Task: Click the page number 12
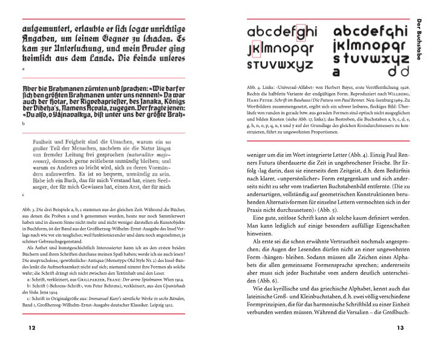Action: [24, 328]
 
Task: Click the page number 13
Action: [400, 328]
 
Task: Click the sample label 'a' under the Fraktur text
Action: [22, 70]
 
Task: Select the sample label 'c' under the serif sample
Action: [22, 195]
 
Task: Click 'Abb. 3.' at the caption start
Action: [29, 209]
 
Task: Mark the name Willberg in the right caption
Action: [396, 95]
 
